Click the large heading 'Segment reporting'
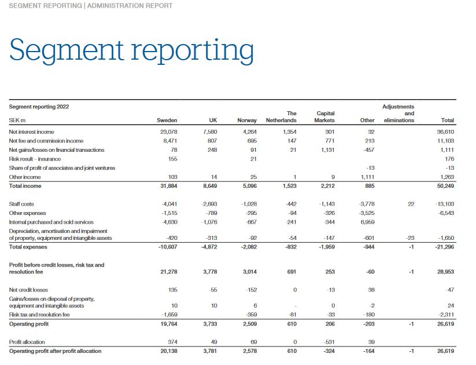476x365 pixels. click(x=131, y=50)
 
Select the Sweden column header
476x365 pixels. click(x=167, y=121)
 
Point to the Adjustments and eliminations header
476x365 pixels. click(x=398, y=114)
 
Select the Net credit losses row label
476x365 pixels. click(x=28, y=290)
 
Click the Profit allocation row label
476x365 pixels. click(x=27, y=342)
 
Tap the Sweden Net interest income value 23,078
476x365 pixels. click(x=168, y=132)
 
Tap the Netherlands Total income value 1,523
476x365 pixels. click(x=288, y=186)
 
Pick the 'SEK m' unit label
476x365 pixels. click(x=17, y=121)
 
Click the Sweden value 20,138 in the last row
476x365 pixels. click(x=168, y=351)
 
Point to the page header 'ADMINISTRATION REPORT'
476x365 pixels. click(x=130, y=6)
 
